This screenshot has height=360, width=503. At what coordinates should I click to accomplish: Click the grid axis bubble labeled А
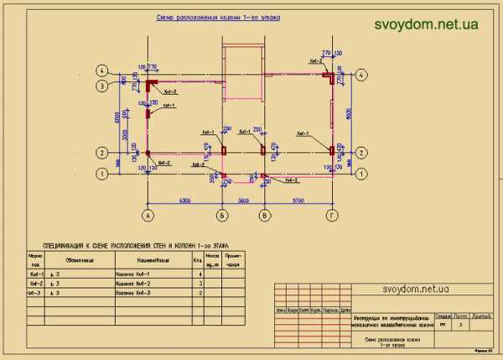148,216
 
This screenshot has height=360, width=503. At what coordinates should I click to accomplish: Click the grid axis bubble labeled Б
223,216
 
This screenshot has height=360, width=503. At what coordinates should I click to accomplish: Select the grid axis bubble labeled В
265,216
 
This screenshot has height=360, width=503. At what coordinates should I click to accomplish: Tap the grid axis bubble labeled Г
333,216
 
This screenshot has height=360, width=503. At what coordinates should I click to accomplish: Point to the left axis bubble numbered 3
102,86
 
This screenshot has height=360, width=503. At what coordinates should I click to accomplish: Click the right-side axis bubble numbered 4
361,74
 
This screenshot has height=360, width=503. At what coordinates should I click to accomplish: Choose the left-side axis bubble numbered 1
102,174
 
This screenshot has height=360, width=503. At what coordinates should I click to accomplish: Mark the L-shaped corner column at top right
332,77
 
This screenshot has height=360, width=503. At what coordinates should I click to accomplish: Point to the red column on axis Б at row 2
223,151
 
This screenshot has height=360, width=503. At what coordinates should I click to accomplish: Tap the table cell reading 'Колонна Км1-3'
132,295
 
